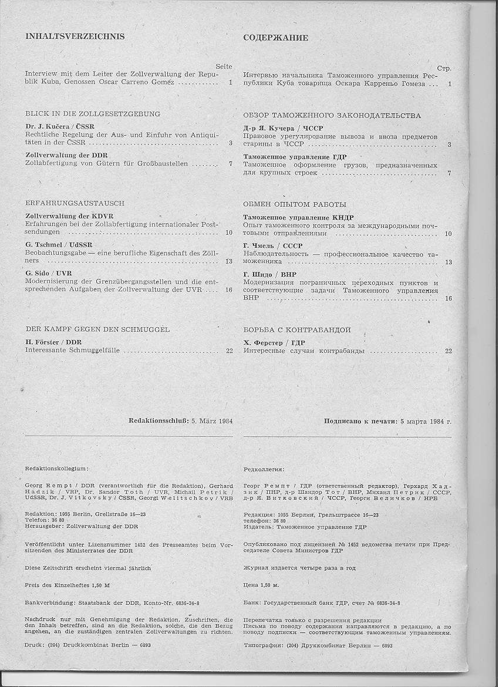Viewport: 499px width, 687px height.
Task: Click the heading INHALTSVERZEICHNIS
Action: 75,36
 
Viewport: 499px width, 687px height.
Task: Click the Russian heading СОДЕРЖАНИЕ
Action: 275,38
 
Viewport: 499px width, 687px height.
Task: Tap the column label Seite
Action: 224,66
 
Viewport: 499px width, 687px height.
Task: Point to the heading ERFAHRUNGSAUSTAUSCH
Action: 75,203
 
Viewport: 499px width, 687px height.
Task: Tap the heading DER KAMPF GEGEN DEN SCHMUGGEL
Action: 97,329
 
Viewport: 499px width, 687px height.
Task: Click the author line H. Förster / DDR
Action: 53,342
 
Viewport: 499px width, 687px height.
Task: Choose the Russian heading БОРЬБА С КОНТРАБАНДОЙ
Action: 296,331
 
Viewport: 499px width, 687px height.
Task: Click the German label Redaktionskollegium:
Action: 57,469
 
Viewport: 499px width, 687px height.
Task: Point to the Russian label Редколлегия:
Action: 263,470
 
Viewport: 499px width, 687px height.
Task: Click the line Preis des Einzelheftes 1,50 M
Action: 68,585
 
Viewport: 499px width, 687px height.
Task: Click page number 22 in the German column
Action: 229,351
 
